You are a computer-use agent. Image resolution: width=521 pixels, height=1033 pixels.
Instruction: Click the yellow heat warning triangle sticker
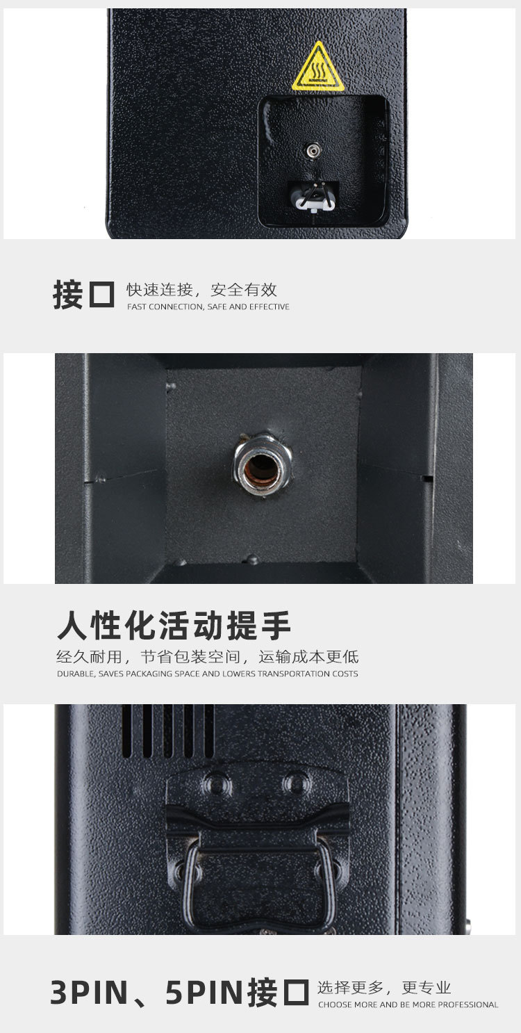(x=318, y=68)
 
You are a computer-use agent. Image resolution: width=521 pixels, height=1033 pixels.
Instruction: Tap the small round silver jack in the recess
(x=313, y=149)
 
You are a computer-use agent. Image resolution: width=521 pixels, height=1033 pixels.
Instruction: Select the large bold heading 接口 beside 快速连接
(x=83, y=295)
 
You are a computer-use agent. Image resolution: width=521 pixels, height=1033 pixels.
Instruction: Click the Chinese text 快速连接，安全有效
(x=201, y=290)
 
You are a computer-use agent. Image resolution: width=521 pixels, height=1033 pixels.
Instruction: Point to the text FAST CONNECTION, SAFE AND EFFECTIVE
(x=208, y=307)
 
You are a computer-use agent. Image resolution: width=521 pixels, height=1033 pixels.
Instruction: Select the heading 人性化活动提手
(x=174, y=626)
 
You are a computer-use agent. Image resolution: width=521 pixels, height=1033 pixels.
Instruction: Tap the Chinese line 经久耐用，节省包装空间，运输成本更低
(x=207, y=657)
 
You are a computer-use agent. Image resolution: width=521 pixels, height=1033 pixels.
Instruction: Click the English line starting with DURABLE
(x=207, y=674)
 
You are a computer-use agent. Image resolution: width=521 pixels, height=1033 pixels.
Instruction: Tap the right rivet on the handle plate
(x=297, y=782)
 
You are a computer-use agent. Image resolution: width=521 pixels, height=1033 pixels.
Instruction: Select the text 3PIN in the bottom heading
(x=89, y=993)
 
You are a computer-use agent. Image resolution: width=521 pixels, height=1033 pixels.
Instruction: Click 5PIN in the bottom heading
(x=206, y=993)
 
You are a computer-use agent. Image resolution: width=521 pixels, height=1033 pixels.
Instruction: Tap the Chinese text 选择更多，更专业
(x=384, y=988)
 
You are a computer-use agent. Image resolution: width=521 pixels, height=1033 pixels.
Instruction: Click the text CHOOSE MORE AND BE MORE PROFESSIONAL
(x=408, y=1004)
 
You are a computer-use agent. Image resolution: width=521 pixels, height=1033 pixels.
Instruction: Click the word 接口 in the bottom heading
(x=278, y=993)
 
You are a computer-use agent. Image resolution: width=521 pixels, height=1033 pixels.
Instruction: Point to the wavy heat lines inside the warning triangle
(x=319, y=71)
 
